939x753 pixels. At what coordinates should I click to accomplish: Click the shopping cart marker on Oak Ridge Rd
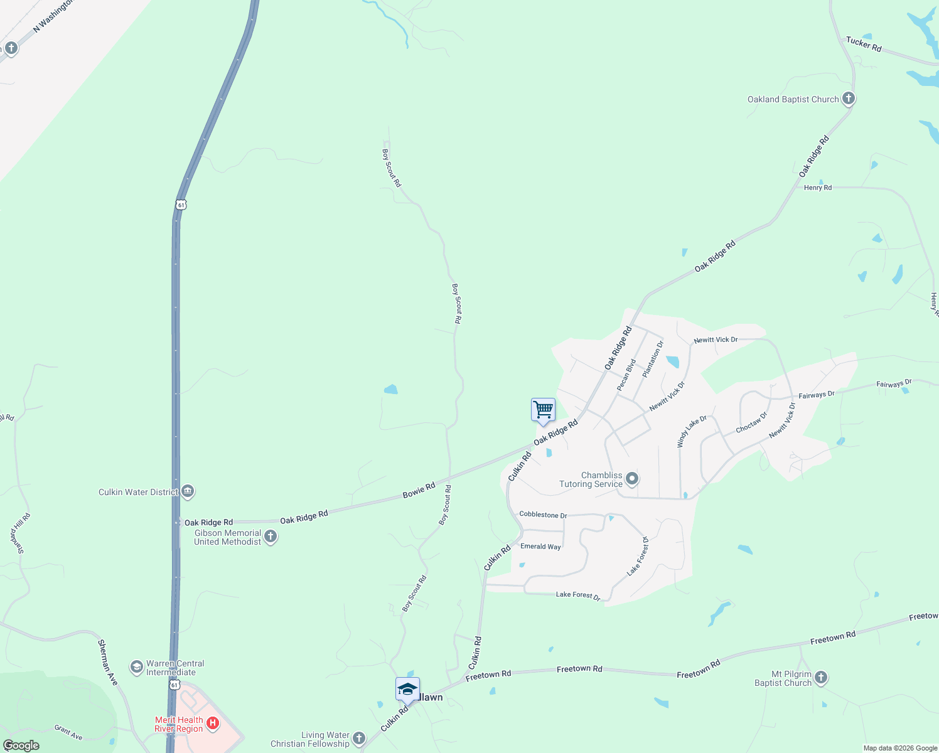pos(543,410)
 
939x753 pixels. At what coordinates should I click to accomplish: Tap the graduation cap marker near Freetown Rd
pos(407,689)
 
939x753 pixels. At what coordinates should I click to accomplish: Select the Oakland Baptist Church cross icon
pos(848,99)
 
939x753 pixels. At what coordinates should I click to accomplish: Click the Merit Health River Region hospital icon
pos(213,724)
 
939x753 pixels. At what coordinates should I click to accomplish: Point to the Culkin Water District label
pos(138,492)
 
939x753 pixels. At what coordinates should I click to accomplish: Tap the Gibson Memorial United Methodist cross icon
pos(271,537)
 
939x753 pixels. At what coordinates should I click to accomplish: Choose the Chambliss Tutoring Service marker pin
pos(632,479)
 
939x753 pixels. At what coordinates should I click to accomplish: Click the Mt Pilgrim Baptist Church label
pos(783,678)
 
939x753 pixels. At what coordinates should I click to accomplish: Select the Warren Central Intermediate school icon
pos(137,667)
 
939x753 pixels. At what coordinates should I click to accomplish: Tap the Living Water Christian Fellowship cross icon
pos(358,739)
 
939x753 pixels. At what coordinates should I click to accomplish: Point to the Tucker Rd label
pos(864,44)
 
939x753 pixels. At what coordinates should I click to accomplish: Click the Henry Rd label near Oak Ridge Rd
pos(818,188)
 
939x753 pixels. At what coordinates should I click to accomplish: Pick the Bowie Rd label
pos(419,490)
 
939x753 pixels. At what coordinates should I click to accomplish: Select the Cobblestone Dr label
pos(543,515)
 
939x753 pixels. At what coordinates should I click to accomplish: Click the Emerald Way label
pos(540,547)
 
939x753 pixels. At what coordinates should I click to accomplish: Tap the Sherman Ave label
pos(107,662)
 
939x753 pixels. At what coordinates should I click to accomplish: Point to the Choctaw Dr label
pos(751,423)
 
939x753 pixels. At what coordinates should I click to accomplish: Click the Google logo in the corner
pos(21,745)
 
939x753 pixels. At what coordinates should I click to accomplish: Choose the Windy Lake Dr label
pos(692,431)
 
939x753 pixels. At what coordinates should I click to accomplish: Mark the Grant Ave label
pos(68,732)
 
